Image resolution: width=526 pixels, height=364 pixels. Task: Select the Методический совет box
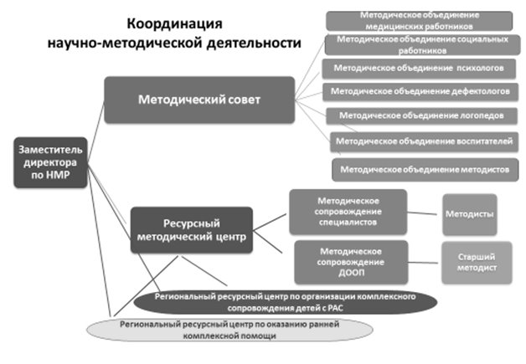pyautogui.click(x=199, y=100)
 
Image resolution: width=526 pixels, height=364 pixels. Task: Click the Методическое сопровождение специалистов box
pyautogui.click(x=348, y=212)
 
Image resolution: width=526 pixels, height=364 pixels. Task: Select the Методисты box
pyautogui.click(x=469, y=214)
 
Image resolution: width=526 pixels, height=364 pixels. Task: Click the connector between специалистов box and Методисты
pyautogui.click(x=424, y=211)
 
